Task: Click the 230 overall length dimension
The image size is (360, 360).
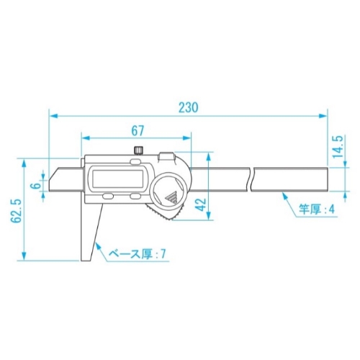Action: click(189, 107)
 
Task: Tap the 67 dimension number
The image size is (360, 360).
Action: click(138, 130)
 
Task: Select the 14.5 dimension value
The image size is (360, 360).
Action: click(338, 146)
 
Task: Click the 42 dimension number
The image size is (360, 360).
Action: click(201, 204)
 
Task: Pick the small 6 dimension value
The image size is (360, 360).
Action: click(36, 186)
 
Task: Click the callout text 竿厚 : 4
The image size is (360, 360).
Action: click(316, 210)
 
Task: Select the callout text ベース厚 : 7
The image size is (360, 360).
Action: click(138, 253)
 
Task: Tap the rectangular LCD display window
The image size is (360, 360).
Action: click(118, 179)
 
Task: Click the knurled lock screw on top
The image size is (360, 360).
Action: click(138, 150)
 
